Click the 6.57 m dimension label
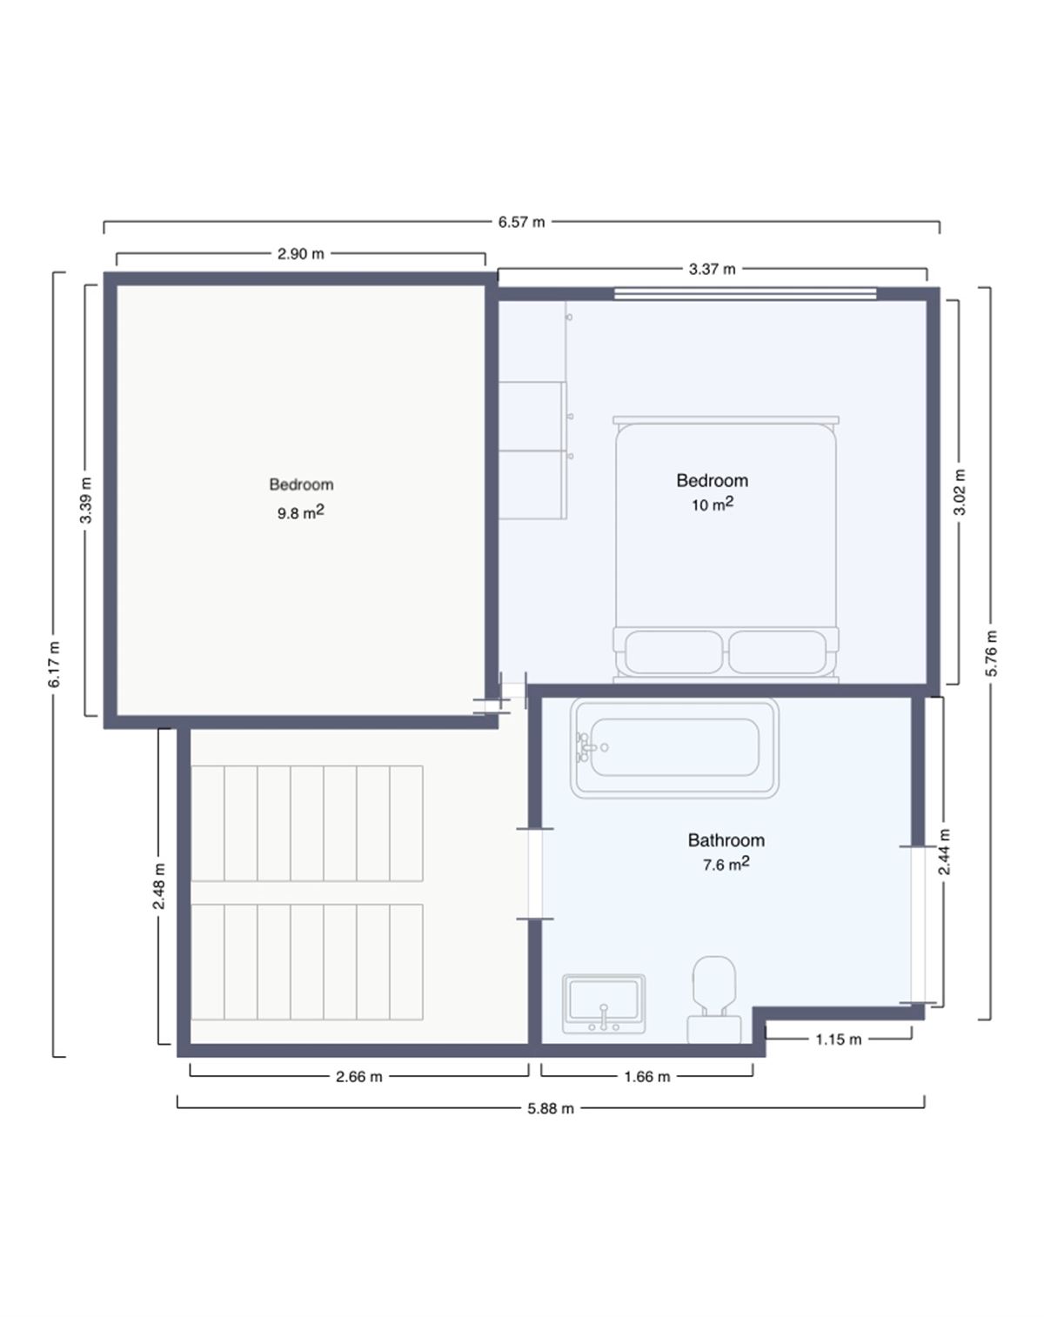[521, 222]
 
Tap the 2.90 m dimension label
[301, 253]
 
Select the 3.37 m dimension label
[712, 269]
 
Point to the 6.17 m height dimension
[55, 664]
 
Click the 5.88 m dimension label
[551, 1108]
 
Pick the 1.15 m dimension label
[839, 1040]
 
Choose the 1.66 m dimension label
[647, 1077]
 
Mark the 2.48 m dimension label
[159, 886]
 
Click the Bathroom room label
[726, 840]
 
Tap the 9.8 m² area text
[301, 511]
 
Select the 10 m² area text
[713, 504]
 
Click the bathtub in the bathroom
[674, 748]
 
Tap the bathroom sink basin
[604, 1004]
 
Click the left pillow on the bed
[673, 652]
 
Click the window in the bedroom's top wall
[746, 294]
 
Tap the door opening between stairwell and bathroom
[534, 874]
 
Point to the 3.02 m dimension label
[960, 491]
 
